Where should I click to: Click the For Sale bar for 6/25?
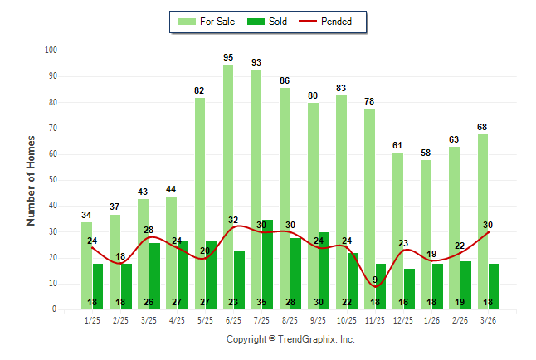[x=228, y=187]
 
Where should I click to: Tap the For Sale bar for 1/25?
[x=87, y=265]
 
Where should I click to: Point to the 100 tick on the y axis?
[x=51, y=51]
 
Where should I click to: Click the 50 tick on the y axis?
[x=52, y=180]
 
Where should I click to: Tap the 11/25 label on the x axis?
[x=375, y=319]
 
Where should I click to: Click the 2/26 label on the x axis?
[x=460, y=319]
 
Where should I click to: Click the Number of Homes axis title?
[x=32, y=180]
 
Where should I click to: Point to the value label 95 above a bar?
[x=228, y=57]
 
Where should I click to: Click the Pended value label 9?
[x=375, y=280]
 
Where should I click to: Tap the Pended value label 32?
[x=233, y=221]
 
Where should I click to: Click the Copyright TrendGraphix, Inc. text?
[x=290, y=339]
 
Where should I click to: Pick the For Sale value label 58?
[x=426, y=153]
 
